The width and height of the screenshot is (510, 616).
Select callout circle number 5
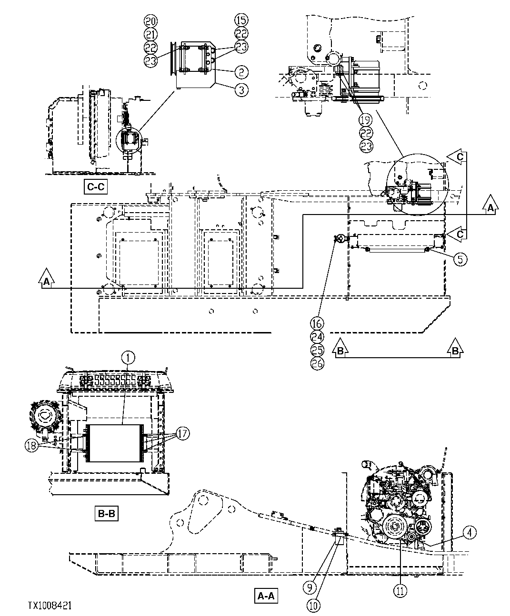[x=460, y=259]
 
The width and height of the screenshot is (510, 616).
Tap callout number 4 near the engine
[x=469, y=533]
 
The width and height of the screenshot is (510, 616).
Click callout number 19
[x=366, y=119]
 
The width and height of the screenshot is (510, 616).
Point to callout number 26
[x=317, y=364]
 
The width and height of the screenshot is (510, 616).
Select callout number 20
[x=151, y=21]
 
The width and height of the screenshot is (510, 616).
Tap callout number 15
[x=241, y=21]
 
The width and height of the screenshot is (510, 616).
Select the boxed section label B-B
[x=106, y=514]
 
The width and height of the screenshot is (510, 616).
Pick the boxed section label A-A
[x=267, y=596]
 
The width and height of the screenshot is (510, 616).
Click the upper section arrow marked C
[x=459, y=157]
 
